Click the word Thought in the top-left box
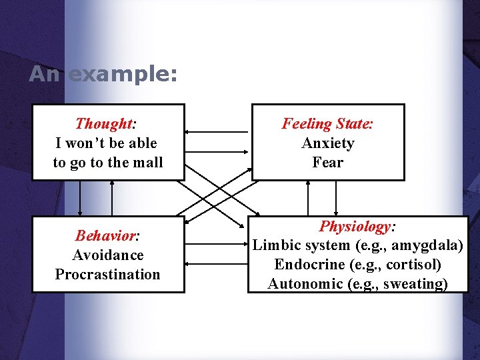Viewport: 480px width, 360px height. (104, 124)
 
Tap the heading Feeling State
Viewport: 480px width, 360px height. (327, 124)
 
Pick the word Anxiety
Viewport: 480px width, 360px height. (328, 143)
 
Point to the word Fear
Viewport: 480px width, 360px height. (328, 163)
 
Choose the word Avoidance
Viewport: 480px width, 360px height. (108, 255)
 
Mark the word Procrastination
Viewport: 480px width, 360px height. (108, 275)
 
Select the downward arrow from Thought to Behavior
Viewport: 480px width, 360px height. (80, 198)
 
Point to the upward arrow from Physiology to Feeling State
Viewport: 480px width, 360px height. (307, 198)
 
